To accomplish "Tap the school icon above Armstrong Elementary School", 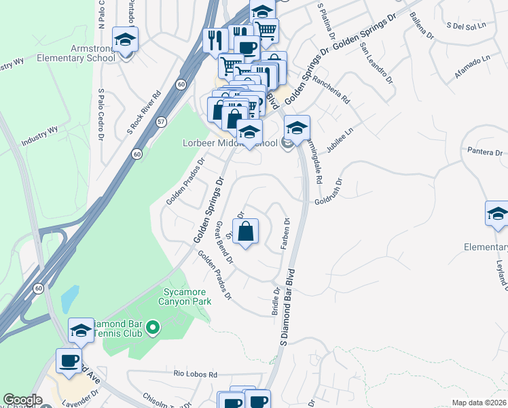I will (125, 40).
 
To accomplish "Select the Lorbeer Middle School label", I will (230, 143).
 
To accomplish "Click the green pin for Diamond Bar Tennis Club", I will (153, 330).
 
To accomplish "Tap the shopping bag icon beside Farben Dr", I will (247, 230).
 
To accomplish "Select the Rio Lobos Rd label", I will (195, 374).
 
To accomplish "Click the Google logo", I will (22, 400).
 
